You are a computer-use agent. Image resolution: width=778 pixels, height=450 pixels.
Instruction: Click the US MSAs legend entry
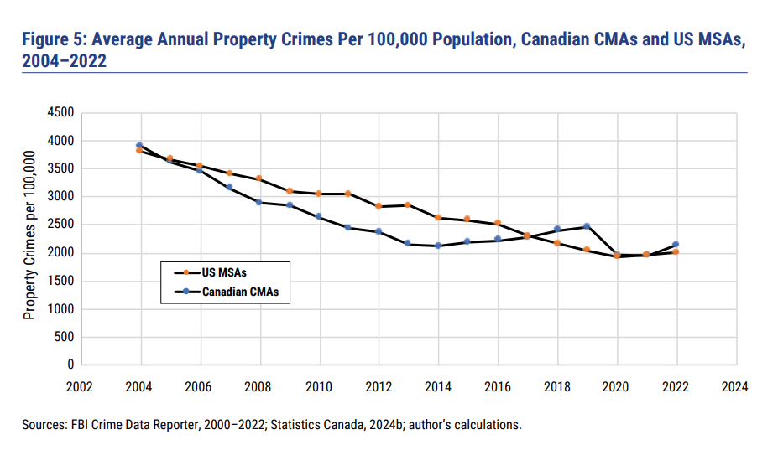click(224, 272)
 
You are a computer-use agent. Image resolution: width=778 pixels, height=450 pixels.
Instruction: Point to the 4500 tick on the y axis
click(64, 112)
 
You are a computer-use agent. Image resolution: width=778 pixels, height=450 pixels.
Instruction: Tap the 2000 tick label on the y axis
click(64, 253)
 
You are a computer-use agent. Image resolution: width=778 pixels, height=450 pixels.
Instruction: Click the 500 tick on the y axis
click(68, 338)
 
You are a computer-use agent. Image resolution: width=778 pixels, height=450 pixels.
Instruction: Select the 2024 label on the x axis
click(734, 387)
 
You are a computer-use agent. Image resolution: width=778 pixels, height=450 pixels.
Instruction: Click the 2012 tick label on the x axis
click(378, 387)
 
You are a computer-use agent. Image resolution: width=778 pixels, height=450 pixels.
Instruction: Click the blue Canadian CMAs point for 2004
click(139, 146)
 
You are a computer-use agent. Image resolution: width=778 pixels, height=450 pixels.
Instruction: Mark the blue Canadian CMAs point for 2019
click(587, 226)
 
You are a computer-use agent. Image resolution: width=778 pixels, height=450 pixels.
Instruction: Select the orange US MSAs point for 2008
click(258, 178)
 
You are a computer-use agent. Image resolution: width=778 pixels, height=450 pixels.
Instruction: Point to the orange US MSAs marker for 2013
click(408, 204)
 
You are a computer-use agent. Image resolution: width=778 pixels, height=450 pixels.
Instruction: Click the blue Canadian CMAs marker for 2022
click(676, 245)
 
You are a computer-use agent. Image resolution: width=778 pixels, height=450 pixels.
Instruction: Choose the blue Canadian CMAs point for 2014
click(437, 246)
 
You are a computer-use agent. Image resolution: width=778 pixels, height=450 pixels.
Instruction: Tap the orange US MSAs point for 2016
click(497, 223)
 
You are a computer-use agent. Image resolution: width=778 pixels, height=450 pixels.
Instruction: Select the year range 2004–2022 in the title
click(65, 61)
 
